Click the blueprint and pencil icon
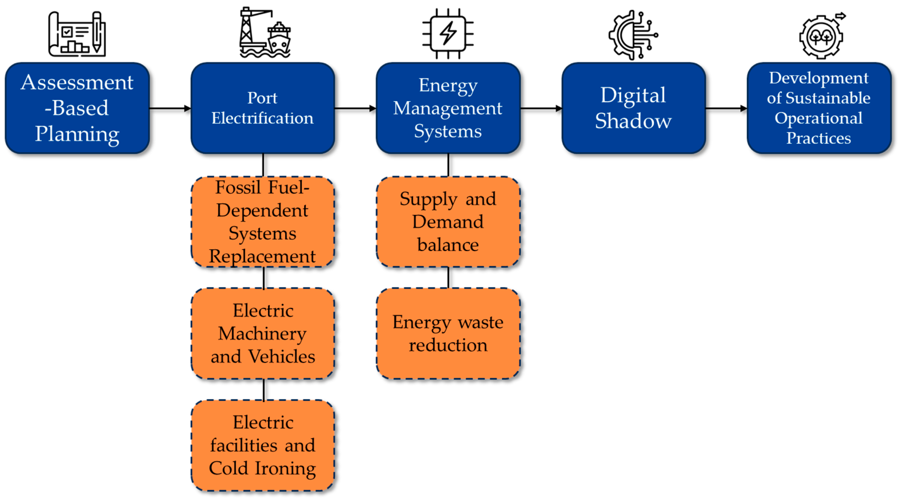pos(77,34)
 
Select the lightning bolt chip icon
pos(448,34)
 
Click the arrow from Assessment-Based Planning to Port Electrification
pos(170,108)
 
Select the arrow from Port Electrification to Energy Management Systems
pos(355,108)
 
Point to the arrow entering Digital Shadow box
pos(541,108)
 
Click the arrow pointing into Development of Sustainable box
pos(726,108)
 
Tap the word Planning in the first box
pos(77,134)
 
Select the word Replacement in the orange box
pos(262,256)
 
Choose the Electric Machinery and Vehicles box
pos(262,333)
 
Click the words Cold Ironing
pos(262,468)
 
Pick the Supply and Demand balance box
pos(448,222)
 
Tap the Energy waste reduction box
pos(448,333)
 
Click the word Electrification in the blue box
pos(262,118)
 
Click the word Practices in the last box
pos(818,138)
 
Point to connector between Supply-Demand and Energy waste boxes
pos(448,277)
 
